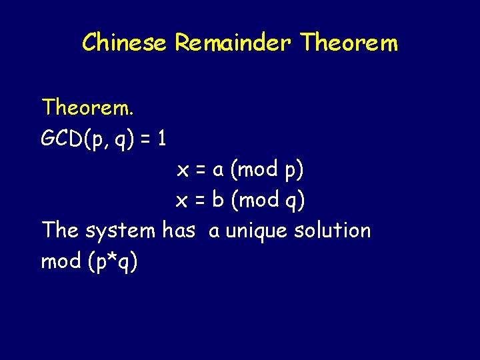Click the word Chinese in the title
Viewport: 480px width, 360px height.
pos(125,43)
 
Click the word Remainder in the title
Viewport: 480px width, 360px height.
pos(233,43)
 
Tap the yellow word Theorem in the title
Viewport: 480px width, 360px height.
pos(349,43)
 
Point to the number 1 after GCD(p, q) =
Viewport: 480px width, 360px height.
pos(162,139)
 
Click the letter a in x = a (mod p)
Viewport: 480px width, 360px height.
pos(217,170)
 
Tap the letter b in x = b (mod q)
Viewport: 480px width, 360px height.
pos(217,200)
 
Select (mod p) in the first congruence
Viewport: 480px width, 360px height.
pos(267,170)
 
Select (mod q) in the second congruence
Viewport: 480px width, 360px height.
pos(267,200)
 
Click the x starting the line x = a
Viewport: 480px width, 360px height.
pos(182,170)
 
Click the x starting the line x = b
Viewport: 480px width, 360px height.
pos(181,200)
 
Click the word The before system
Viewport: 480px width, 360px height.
pos(60,231)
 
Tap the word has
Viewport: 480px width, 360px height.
pos(179,231)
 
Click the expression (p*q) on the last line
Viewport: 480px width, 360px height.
pos(112,262)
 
